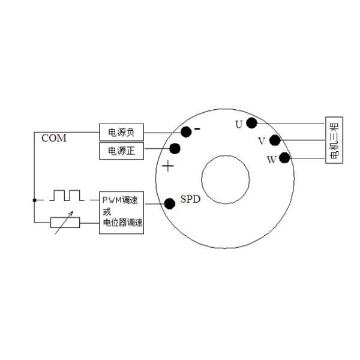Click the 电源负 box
pyautogui.click(x=121, y=132)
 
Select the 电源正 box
pyautogui.click(x=121, y=151)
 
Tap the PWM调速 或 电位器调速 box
pyautogui.click(x=121, y=213)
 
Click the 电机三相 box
pyautogui.click(x=334, y=140)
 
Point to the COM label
pyautogui.click(x=54, y=139)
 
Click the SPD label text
pyautogui.click(x=190, y=199)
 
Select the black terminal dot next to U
pyautogui.click(x=252, y=123)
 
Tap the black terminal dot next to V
pyautogui.click(x=275, y=140)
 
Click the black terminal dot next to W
pyautogui.click(x=284, y=158)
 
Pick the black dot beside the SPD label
pyautogui.click(x=170, y=203)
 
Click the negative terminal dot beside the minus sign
pyautogui.click(x=186, y=131)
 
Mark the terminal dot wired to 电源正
pyautogui.click(x=175, y=148)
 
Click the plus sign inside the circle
pyautogui.click(x=168, y=166)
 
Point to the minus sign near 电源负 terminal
pyautogui.click(x=197, y=128)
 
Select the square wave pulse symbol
pyautogui.click(x=67, y=195)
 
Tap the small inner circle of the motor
pyautogui.click(x=225, y=179)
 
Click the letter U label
pyautogui.click(x=239, y=125)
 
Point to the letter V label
pyautogui.click(x=261, y=142)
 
